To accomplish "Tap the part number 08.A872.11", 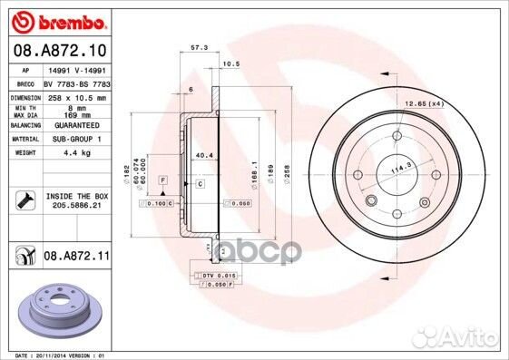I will (x=77, y=258).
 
